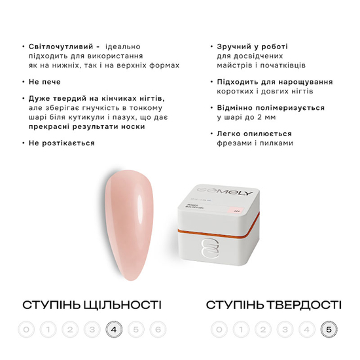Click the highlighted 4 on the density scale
115,329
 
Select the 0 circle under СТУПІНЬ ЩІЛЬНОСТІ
26,329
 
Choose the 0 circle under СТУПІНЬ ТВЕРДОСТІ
219,329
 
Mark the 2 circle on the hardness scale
262,329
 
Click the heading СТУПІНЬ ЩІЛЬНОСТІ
92,305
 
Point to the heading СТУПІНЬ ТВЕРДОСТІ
273,305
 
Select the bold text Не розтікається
63,143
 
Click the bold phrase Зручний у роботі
251,48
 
